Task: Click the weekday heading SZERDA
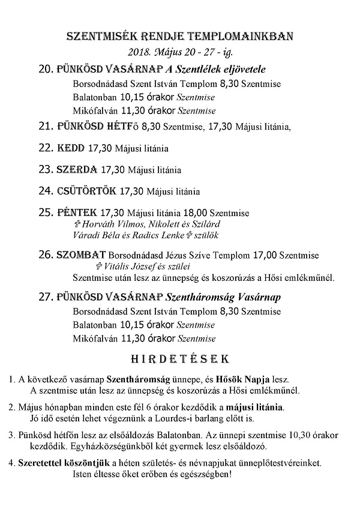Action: click(77, 170)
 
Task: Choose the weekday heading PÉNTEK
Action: click(76, 213)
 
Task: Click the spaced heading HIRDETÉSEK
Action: click(179, 359)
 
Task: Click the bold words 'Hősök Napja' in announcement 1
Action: click(245, 379)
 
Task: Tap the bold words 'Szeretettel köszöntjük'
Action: click(62, 463)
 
